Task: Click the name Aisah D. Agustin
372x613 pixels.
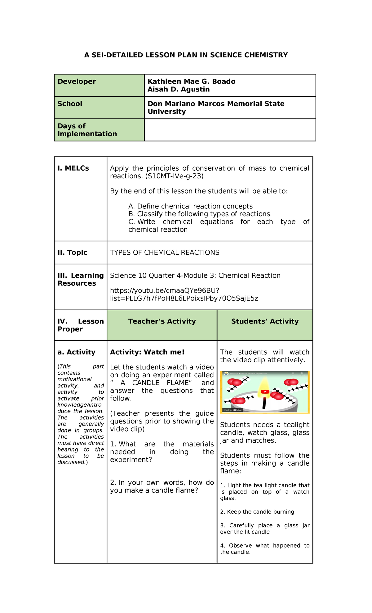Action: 179,89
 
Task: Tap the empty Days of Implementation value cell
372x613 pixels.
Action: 230,130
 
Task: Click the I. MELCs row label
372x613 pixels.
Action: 73,168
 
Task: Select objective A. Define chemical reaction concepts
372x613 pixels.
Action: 190,206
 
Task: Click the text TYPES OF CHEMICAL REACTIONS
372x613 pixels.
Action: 165,253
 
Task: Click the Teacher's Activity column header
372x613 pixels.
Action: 162,321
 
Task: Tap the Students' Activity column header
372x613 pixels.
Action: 265,321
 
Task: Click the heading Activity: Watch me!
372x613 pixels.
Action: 147,352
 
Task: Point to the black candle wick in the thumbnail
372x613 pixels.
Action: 264,403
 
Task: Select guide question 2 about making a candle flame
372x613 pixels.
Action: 162,486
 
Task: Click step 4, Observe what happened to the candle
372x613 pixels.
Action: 264,549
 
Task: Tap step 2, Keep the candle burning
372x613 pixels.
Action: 257,512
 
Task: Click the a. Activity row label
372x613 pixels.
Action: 76,352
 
